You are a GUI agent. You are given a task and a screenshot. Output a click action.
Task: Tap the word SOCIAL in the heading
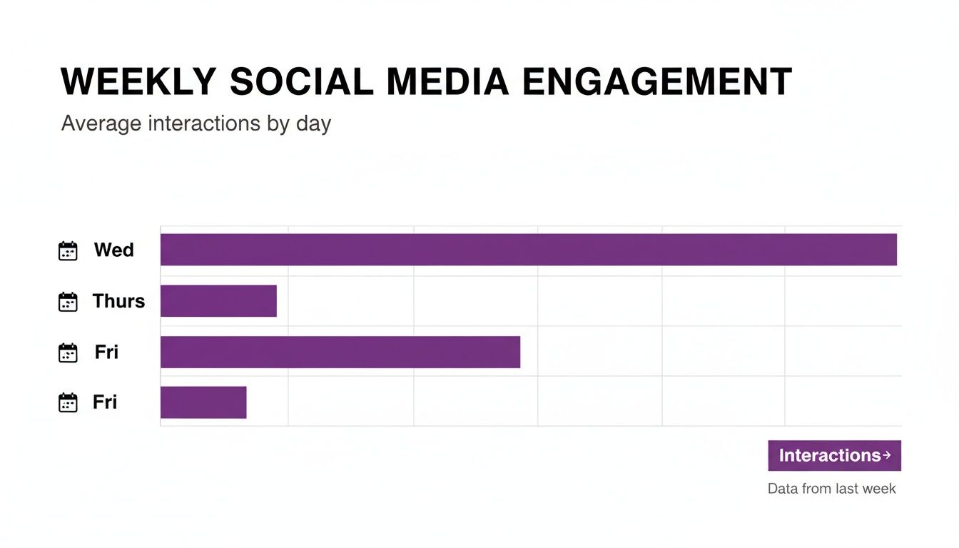pyautogui.click(x=301, y=82)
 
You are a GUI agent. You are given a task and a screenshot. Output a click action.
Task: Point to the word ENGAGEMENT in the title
pyautogui.click(x=657, y=82)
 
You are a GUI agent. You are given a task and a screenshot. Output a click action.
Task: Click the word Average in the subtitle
pyautogui.click(x=101, y=123)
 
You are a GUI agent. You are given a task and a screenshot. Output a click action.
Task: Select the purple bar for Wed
pyautogui.click(x=528, y=250)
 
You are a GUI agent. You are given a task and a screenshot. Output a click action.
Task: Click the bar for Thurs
pyautogui.click(x=218, y=300)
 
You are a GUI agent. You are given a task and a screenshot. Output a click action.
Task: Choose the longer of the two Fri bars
pyautogui.click(x=340, y=352)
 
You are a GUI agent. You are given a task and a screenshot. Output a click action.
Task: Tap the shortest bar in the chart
pyautogui.click(x=203, y=402)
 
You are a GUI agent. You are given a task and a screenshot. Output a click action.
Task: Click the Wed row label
pyautogui.click(x=114, y=250)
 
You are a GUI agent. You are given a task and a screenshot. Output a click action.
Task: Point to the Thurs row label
pyautogui.click(x=118, y=301)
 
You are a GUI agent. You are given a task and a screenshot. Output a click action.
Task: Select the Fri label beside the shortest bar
pyautogui.click(x=105, y=402)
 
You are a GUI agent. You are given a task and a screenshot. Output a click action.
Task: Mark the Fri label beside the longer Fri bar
pyautogui.click(x=106, y=352)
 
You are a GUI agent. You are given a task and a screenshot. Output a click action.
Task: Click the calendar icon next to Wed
pyautogui.click(x=68, y=251)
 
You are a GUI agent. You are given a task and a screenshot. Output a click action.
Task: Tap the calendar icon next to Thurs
pyautogui.click(x=68, y=302)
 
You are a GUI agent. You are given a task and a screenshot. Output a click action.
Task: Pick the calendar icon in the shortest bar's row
pyautogui.click(x=68, y=403)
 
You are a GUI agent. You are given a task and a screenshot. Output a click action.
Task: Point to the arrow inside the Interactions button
pyautogui.click(x=886, y=455)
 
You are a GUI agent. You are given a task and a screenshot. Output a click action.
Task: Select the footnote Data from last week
pyautogui.click(x=831, y=489)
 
